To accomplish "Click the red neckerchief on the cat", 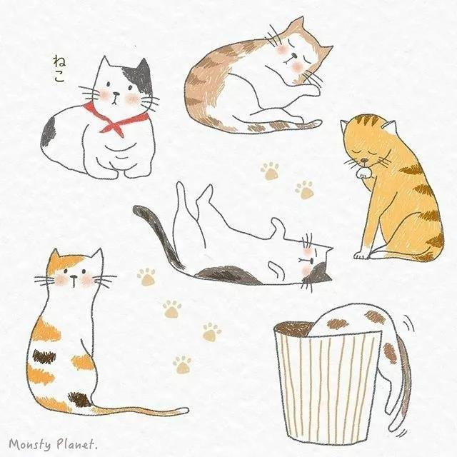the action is pyautogui.click(x=116, y=122).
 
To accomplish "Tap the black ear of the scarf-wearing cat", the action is pyautogui.click(x=141, y=71).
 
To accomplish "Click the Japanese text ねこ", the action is pyautogui.click(x=59, y=69).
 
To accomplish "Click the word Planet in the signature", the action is pyautogui.click(x=76, y=443).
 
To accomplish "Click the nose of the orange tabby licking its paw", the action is pyautogui.click(x=363, y=160).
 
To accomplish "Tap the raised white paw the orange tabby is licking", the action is pyautogui.click(x=363, y=173).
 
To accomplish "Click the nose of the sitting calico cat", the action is pyautogui.click(x=74, y=276).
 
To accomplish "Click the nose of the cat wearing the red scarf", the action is pyautogui.click(x=116, y=94).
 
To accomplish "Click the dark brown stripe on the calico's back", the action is pyautogui.click(x=44, y=356).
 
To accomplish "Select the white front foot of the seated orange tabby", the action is pyautogui.click(x=361, y=256).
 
